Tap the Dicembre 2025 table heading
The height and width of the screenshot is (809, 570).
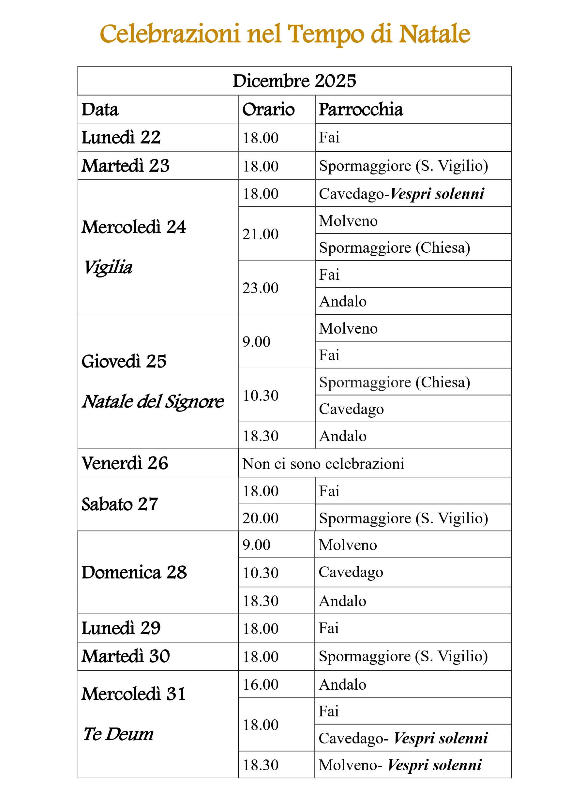[x=294, y=81]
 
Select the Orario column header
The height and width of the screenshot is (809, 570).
[x=268, y=109]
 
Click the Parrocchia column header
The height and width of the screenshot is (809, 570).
[x=361, y=109]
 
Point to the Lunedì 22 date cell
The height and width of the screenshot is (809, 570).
[x=121, y=137]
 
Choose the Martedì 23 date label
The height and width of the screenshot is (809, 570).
[x=126, y=166]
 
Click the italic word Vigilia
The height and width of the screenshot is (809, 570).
[x=108, y=267]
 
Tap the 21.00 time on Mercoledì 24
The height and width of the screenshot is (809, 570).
[x=260, y=234]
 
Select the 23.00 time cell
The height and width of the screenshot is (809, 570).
[x=260, y=288]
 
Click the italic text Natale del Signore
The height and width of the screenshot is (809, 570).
[x=153, y=401]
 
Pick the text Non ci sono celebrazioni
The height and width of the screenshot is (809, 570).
[x=323, y=464]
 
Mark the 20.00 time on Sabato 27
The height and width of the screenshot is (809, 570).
[x=260, y=518]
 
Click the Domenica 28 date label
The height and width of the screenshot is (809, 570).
[x=134, y=572]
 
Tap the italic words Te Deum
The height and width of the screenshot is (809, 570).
[x=118, y=734]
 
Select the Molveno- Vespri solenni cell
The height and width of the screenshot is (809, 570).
[x=400, y=765]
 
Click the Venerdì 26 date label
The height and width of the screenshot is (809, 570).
[x=125, y=463]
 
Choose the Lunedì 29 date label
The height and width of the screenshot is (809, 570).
[x=121, y=628]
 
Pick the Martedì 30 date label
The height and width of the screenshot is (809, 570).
[x=126, y=656]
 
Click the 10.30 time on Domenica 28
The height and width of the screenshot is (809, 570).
[x=260, y=573]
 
